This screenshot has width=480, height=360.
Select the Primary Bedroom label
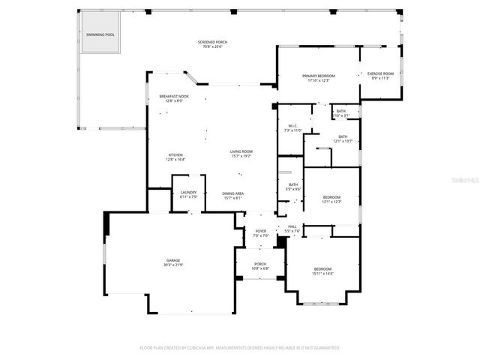tap(319, 76)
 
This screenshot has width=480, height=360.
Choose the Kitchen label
tap(175, 155)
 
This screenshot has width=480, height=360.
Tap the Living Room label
tap(241, 151)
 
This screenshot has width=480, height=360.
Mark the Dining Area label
tap(232, 193)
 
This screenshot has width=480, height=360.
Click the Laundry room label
tap(188, 193)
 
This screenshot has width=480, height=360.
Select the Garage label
tap(173, 260)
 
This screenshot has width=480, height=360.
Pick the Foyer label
tap(260, 231)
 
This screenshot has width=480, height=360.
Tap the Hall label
tap(292, 226)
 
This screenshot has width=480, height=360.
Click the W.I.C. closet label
tap(292, 126)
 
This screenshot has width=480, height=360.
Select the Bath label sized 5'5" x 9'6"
tap(293, 184)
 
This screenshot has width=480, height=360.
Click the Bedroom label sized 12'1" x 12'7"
tap(331, 197)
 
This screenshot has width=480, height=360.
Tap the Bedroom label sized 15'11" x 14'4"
tap(322, 268)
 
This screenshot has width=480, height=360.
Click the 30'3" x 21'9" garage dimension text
tap(173, 265)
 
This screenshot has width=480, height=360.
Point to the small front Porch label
tap(260, 263)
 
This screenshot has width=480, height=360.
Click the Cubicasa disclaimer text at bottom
tap(240, 347)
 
